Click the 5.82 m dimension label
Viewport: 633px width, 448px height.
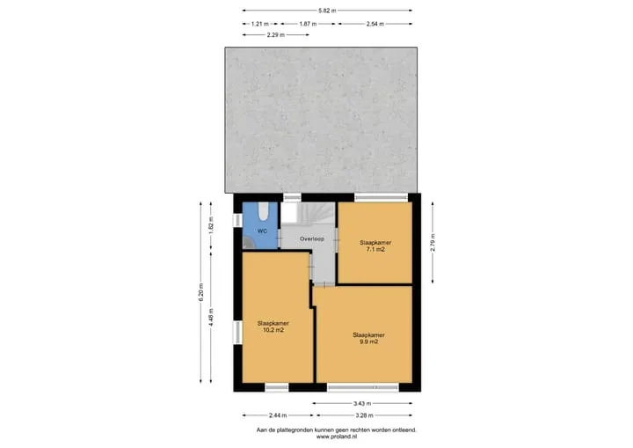point(327,11)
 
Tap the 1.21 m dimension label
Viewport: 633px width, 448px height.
point(259,24)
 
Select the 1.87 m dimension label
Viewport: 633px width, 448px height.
point(308,24)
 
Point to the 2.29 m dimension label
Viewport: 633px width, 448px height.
point(276,35)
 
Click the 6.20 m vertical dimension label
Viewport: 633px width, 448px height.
point(201,292)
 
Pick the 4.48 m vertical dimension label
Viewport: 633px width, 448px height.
point(211,317)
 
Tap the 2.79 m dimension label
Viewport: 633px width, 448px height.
point(433,243)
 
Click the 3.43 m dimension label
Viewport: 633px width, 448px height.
point(362,403)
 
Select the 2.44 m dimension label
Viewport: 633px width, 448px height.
point(278,415)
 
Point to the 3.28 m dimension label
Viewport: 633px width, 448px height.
point(364,415)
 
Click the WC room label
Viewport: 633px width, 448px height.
point(262,231)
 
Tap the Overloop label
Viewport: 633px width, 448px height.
point(311,239)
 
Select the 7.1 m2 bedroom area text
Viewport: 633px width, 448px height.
point(375,249)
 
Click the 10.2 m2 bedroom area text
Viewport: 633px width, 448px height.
point(273,330)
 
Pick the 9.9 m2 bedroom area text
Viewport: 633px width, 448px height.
point(368,342)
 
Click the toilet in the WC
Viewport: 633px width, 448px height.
point(263,211)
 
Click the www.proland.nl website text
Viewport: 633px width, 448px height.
point(336,437)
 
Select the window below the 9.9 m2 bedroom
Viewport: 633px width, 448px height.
point(363,388)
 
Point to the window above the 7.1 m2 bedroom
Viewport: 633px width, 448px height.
point(381,197)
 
